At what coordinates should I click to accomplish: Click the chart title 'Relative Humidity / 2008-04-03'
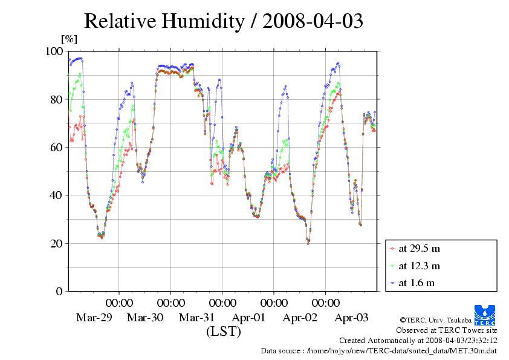(223, 21)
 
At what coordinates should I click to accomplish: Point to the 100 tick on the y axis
(54, 51)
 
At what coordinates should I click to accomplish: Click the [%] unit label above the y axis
(69, 39)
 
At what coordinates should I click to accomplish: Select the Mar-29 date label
(94, 317)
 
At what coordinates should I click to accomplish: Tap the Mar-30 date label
(145, 317)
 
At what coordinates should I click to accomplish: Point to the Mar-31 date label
(197, 317)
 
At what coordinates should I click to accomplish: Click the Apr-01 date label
(248, 317)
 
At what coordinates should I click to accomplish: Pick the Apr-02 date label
(300, 317)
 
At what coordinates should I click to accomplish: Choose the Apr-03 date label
(352, 317)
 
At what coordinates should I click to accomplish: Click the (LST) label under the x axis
(224, 332)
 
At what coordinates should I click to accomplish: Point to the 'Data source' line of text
(379, 350)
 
